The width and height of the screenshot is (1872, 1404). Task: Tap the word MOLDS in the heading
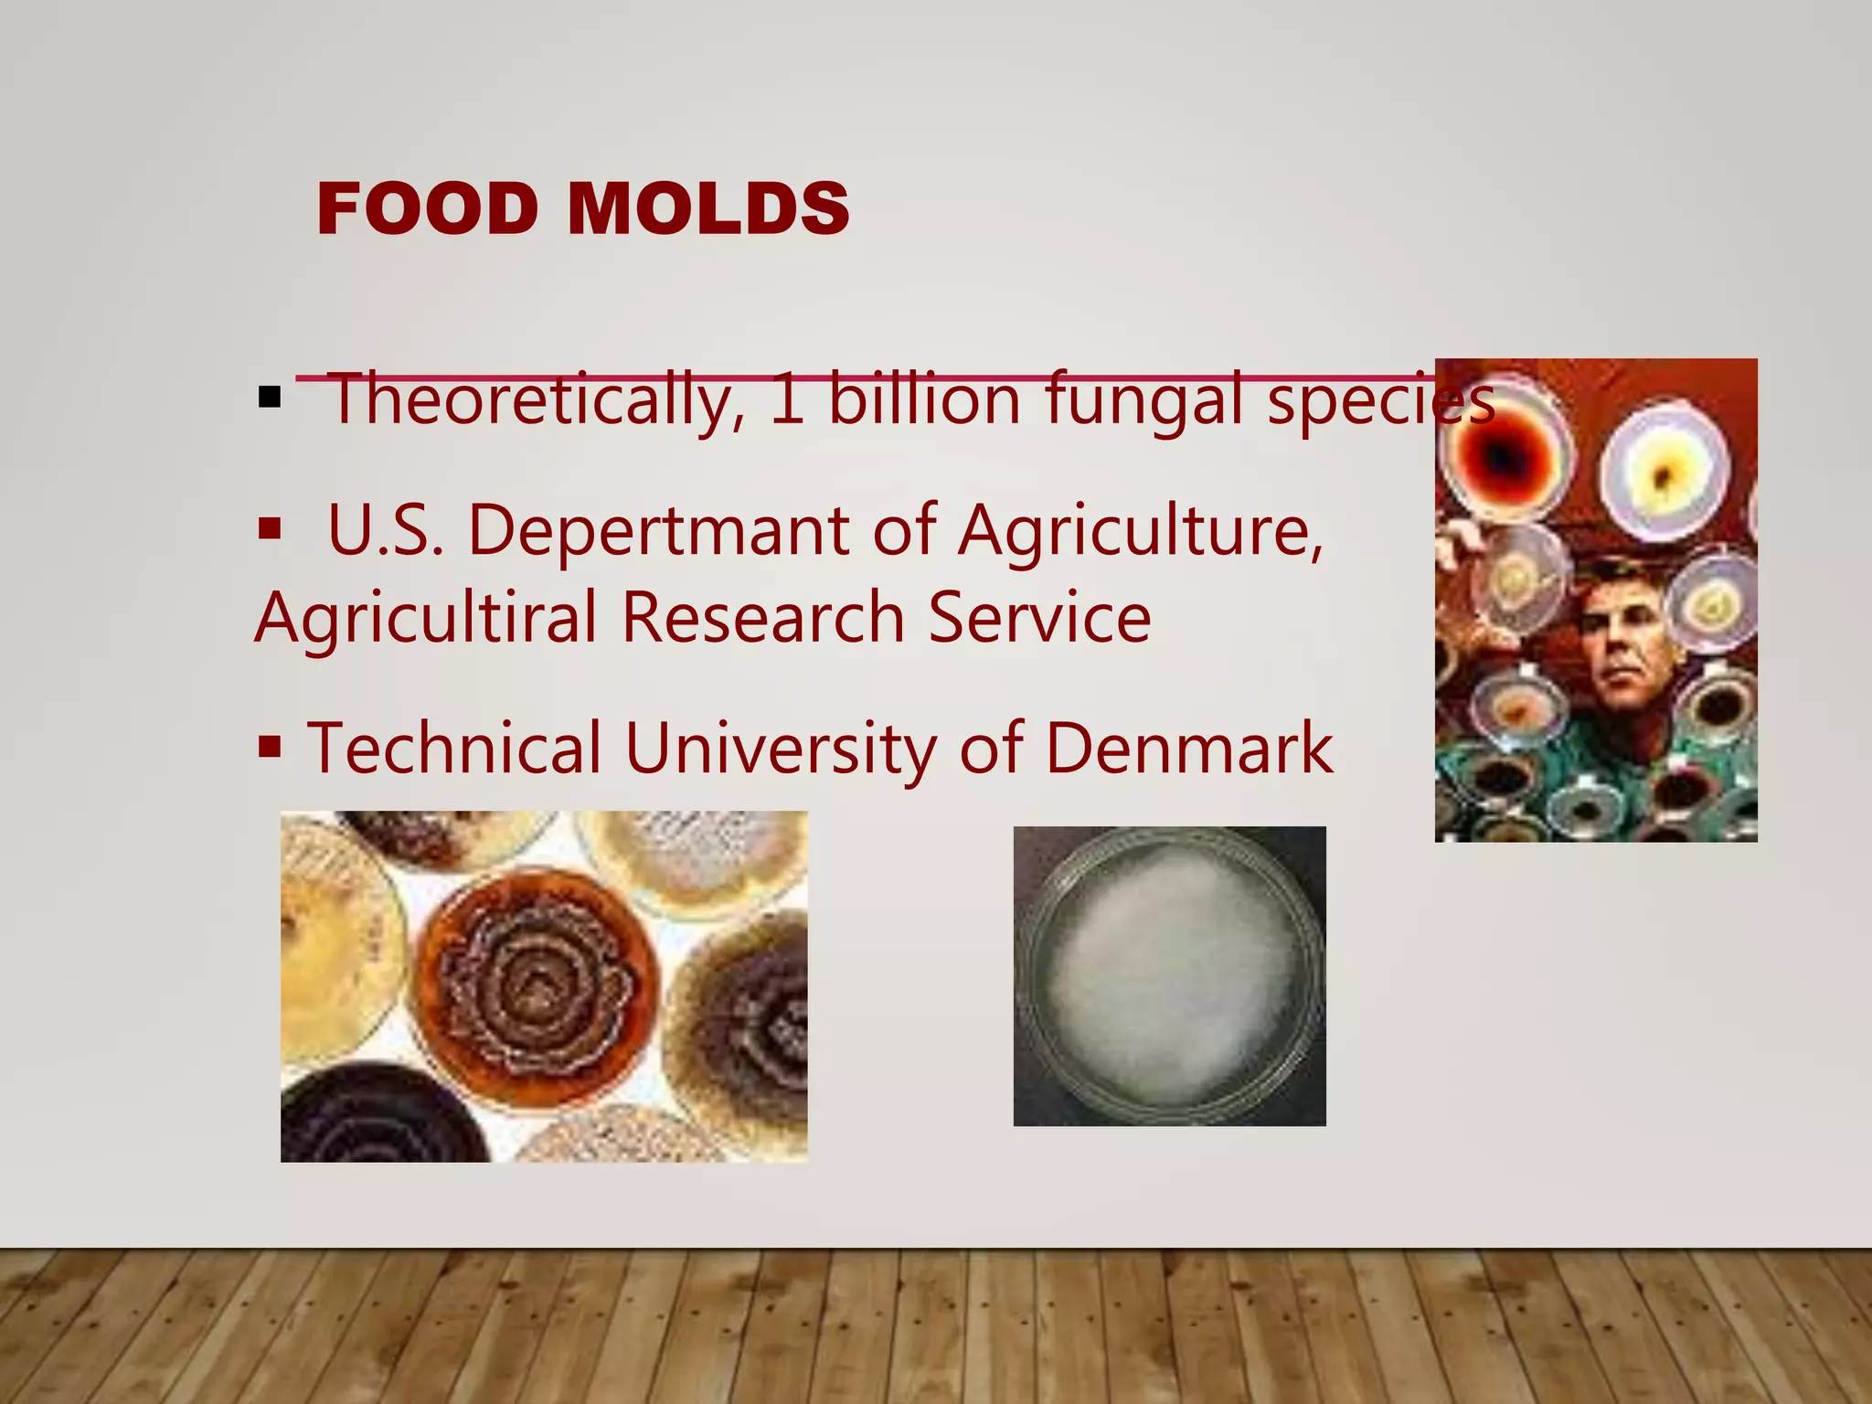click(x=708, y=208)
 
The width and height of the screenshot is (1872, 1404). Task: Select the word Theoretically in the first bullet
click(x=535, y=399)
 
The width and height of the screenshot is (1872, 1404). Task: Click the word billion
click(x=924, y=399)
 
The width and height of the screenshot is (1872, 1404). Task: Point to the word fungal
click(x=1143, y=399)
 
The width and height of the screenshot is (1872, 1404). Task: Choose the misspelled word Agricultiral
click(x=426, y=617)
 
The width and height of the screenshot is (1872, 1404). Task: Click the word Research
click(x=763, y=617)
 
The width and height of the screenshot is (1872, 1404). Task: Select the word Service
click(x=1039, y=617)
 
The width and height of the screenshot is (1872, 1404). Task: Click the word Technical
click(x=454, y=748)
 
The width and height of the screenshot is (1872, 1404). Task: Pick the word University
click(x=781, y=748)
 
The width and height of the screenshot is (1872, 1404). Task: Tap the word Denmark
click(x=1188, y=748)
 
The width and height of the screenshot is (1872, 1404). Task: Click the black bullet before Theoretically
click(x=270, y=398)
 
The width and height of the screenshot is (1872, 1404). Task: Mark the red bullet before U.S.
click(x=270, y=528)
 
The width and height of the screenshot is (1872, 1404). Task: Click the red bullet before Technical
click(x=270, y=747)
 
